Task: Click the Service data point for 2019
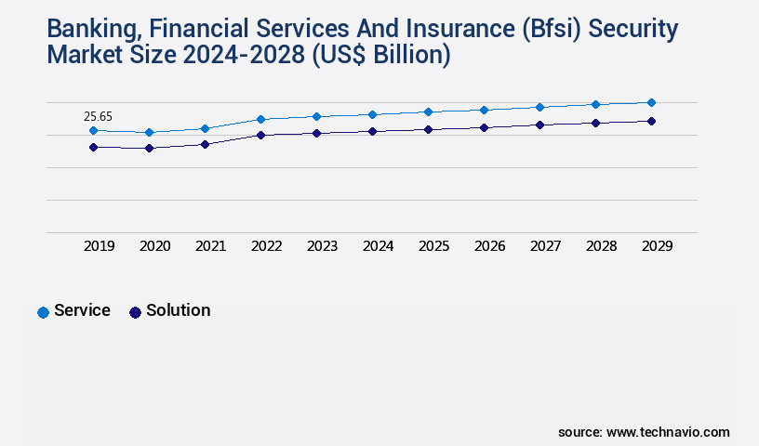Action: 93,131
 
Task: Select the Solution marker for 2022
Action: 260,135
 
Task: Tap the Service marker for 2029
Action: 651,102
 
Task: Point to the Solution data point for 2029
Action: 651,121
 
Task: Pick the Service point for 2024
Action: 372,114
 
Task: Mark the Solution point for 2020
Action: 149,148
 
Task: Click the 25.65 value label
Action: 98,116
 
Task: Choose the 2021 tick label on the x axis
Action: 210,246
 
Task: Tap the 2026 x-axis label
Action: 489,246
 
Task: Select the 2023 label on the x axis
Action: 322,246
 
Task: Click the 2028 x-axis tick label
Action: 601,246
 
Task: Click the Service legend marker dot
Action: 43,312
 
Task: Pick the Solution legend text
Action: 178,310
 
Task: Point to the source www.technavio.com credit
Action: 644,432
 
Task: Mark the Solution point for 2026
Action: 484,127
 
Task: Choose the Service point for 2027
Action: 539,107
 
